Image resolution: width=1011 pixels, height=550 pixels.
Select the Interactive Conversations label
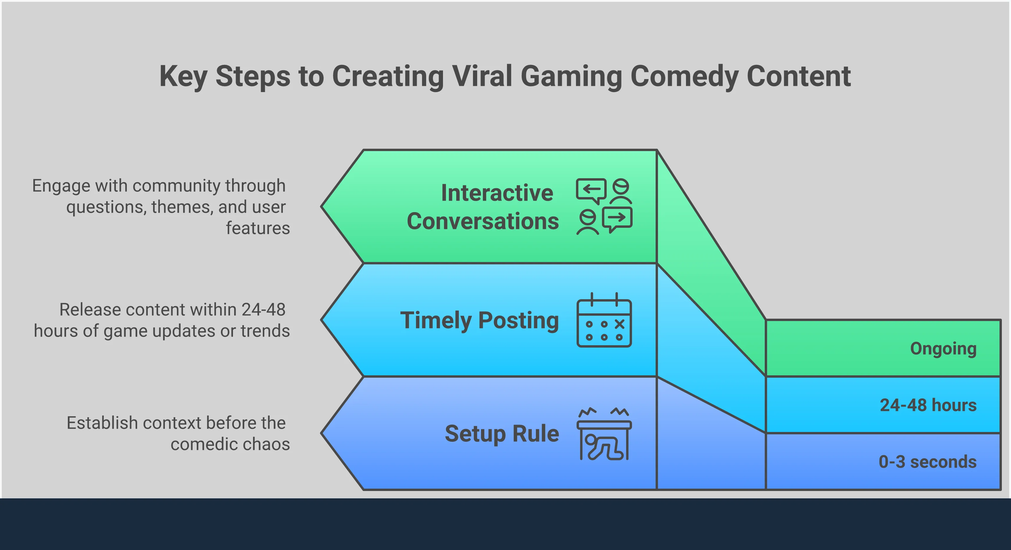(483, 207)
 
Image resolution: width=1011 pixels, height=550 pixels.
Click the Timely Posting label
(479, 320)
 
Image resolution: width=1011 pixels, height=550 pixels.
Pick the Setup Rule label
(502, 434)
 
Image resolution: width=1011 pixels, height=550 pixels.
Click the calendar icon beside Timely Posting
(604, 320)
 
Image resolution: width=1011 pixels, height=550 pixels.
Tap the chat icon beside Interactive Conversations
(604, 207)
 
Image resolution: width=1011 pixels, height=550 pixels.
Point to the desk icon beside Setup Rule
(604, 434)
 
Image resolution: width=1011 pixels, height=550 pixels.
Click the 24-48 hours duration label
(928, 405)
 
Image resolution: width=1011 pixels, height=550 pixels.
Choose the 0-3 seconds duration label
(928, 462)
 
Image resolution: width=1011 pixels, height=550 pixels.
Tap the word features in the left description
(258, 228)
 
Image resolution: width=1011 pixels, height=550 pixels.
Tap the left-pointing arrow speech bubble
(591, 191)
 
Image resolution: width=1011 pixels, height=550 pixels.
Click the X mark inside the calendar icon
(619, 324)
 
